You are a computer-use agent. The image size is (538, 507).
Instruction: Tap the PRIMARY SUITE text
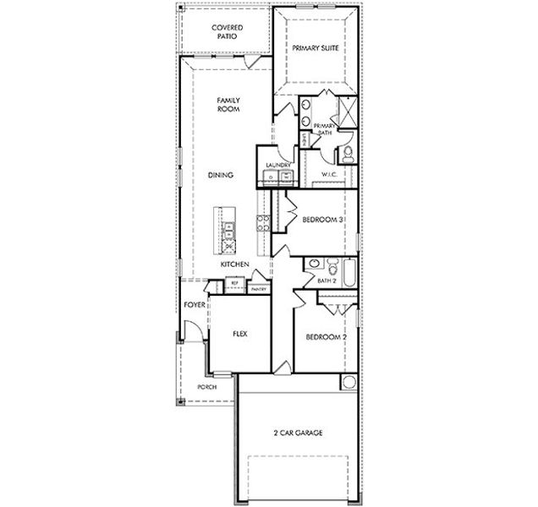(x=316, y=48)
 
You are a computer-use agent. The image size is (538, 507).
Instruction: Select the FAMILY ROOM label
(x=228, y=104)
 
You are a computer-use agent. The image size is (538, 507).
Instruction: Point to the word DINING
(x=221, y=175)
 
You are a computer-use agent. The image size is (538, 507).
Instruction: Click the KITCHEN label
(x=234, y=264)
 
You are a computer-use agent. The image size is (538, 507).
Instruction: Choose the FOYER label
(x=194, y=304)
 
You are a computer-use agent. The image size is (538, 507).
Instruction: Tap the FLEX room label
(x=239, y=335)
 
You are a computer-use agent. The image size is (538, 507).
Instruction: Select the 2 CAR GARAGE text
(x=298, y=433)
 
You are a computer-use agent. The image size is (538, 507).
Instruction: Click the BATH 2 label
(x=327, y=279)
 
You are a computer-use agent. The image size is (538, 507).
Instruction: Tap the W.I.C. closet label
(x=329, y=175)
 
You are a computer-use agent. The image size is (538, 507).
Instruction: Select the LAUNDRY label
(x=277, y=165)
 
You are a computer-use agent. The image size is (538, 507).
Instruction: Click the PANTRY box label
(x=258, y=289)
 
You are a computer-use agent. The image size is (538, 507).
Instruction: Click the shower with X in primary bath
(x=345, y=111)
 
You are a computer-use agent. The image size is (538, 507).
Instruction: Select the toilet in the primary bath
(x=348, y=155)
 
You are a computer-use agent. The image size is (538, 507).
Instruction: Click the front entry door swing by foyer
(x=193, y=331)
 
